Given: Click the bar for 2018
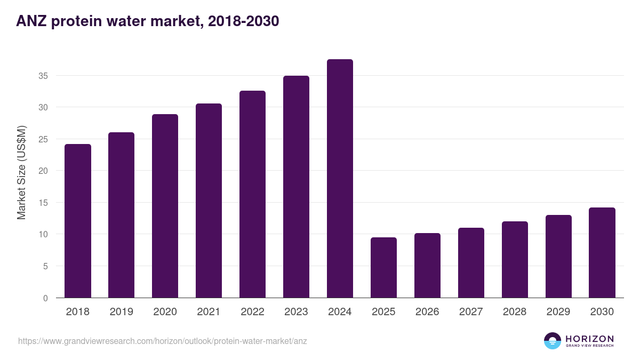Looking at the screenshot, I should point(78,221).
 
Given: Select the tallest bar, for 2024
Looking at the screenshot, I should point(340,179).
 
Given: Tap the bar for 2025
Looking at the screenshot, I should point(383,268).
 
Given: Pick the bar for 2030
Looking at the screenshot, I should point(602,253).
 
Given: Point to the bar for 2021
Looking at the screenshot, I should point(209,201).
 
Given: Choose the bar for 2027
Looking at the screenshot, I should point(471,263).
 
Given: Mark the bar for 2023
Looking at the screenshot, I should point(296,187).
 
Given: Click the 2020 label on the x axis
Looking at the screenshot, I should point(165,312).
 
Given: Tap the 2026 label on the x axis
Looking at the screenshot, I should point(427,312).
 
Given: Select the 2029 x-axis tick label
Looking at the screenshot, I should point(558,312).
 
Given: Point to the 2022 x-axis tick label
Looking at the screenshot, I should point(252,312).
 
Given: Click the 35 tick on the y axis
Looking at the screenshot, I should point(43,76).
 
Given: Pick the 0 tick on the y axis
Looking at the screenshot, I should point(45,298).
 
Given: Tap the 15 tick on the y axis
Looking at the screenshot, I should point(43,203).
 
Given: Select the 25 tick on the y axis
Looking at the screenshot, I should point(43,139).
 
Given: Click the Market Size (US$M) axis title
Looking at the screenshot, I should point(21,172).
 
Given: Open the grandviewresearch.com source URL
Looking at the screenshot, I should point(163,341).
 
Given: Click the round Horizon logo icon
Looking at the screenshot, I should point(552,341).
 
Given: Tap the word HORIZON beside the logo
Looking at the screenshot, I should point(589,339).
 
